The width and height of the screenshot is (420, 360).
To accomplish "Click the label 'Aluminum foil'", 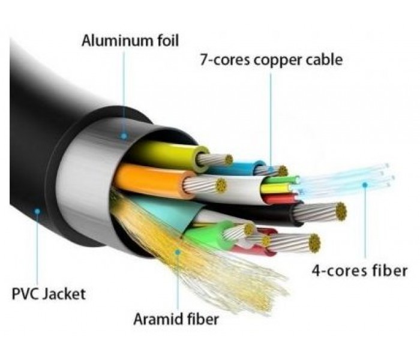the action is tap(130, 41).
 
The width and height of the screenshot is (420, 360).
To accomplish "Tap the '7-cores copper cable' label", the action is tap(271, 60).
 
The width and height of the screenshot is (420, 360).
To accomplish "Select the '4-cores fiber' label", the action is tap(359, 271).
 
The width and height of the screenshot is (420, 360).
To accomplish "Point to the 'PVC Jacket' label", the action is tap(49, 294).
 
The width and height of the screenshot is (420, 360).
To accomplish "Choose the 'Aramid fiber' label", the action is tap(176, 319).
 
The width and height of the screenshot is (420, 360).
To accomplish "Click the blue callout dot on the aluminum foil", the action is tap(124, 136).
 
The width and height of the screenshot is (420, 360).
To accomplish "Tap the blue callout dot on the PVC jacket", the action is tap(37, 211).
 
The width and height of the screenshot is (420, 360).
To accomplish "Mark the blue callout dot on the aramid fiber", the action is tap(178, 252).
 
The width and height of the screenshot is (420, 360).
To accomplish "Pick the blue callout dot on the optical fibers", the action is tap(365, 185).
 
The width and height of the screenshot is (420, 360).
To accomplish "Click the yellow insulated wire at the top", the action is tap(172, 154).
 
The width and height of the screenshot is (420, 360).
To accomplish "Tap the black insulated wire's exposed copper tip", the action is tap(341, 211).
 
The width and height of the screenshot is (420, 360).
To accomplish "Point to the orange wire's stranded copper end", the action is tap(221, 185).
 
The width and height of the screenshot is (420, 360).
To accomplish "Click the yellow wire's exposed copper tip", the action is tap(229, 160).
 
